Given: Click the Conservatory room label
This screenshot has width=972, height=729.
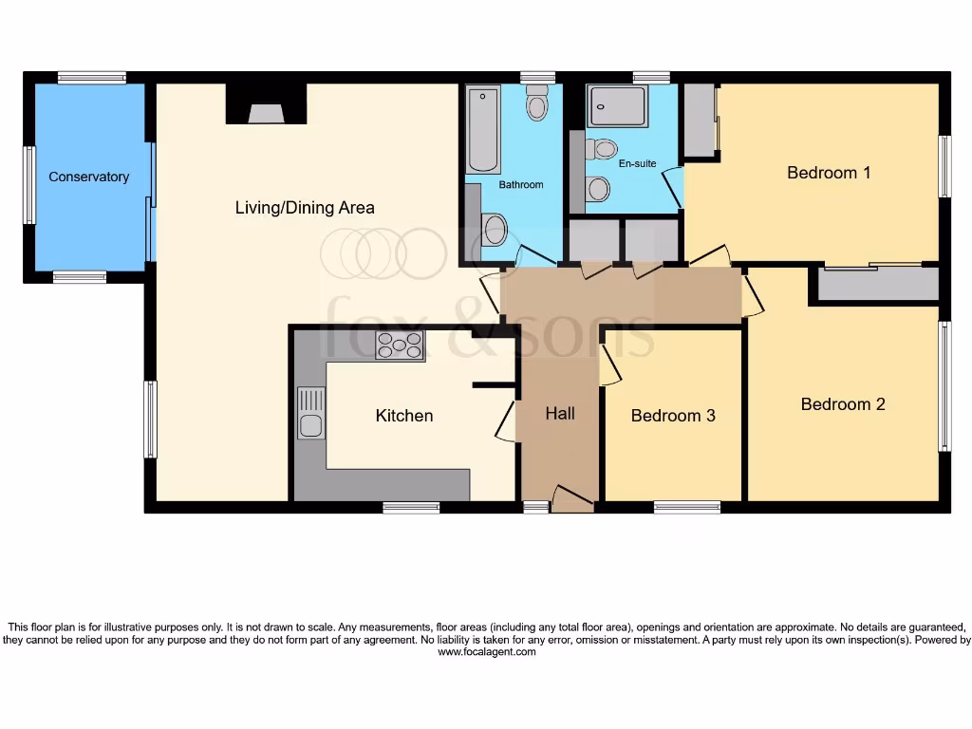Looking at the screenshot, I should [x=88, y=177].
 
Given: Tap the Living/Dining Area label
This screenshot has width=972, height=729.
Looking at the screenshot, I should [x=305, y=207].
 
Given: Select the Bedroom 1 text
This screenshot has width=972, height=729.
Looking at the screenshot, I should [x=829, y=173].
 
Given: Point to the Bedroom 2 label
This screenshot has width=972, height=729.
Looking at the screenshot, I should [x=843, y=404].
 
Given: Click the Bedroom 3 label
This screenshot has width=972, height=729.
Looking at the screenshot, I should [x=673, y=416].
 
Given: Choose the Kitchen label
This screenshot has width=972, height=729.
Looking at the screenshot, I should [x=404, y=416].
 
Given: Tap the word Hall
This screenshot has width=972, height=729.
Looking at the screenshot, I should [x=560, y=413].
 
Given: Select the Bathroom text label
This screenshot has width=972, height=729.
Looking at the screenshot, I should [x=521, y=184].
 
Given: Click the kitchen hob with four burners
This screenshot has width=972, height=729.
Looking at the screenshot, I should [x=400, y=346].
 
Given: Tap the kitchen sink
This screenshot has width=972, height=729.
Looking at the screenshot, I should [x=310, y=414].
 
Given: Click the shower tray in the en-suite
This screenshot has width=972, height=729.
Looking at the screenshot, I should [x=617, y=105].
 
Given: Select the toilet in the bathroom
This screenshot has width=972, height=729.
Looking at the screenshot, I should [x=537, y=102].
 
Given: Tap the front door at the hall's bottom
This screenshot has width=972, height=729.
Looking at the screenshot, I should [x=571, y=499].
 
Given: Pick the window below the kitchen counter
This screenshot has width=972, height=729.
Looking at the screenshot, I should [x=411, y=508].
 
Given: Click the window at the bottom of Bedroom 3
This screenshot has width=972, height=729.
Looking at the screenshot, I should [x=687, y=507].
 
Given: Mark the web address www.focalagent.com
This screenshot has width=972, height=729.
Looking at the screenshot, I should [x=486, y=652].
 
